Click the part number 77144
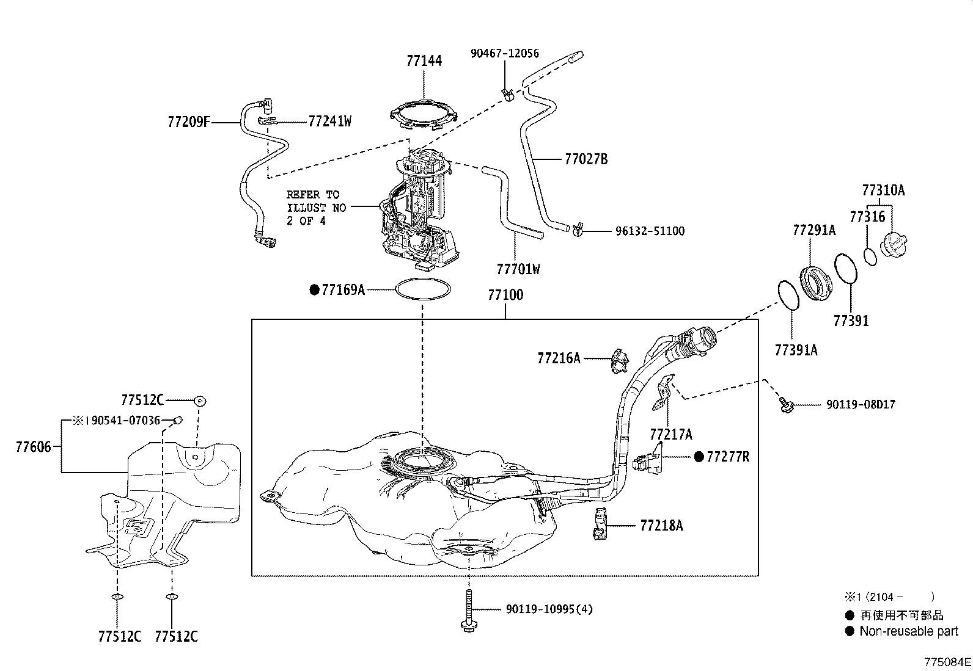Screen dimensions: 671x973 click(x=424, y=61)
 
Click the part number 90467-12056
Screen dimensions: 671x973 click(x=504, y=54)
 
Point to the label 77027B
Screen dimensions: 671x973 click(x=586, y=159)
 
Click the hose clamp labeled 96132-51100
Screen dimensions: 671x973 click(x=577, y=230)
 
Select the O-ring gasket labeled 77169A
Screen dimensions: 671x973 click(x=424, y=289)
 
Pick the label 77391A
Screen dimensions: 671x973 click(x=796, y=350)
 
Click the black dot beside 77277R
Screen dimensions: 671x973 click(x=699, y=457)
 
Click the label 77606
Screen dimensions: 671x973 click(x=32, y=447)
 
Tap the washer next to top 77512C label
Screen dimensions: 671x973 click(x=199, y=401)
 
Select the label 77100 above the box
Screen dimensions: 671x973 click(x=505, y=296)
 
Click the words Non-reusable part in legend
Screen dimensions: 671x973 click(x=908, y=631)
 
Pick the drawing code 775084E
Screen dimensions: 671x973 click(x=947, y=662)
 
